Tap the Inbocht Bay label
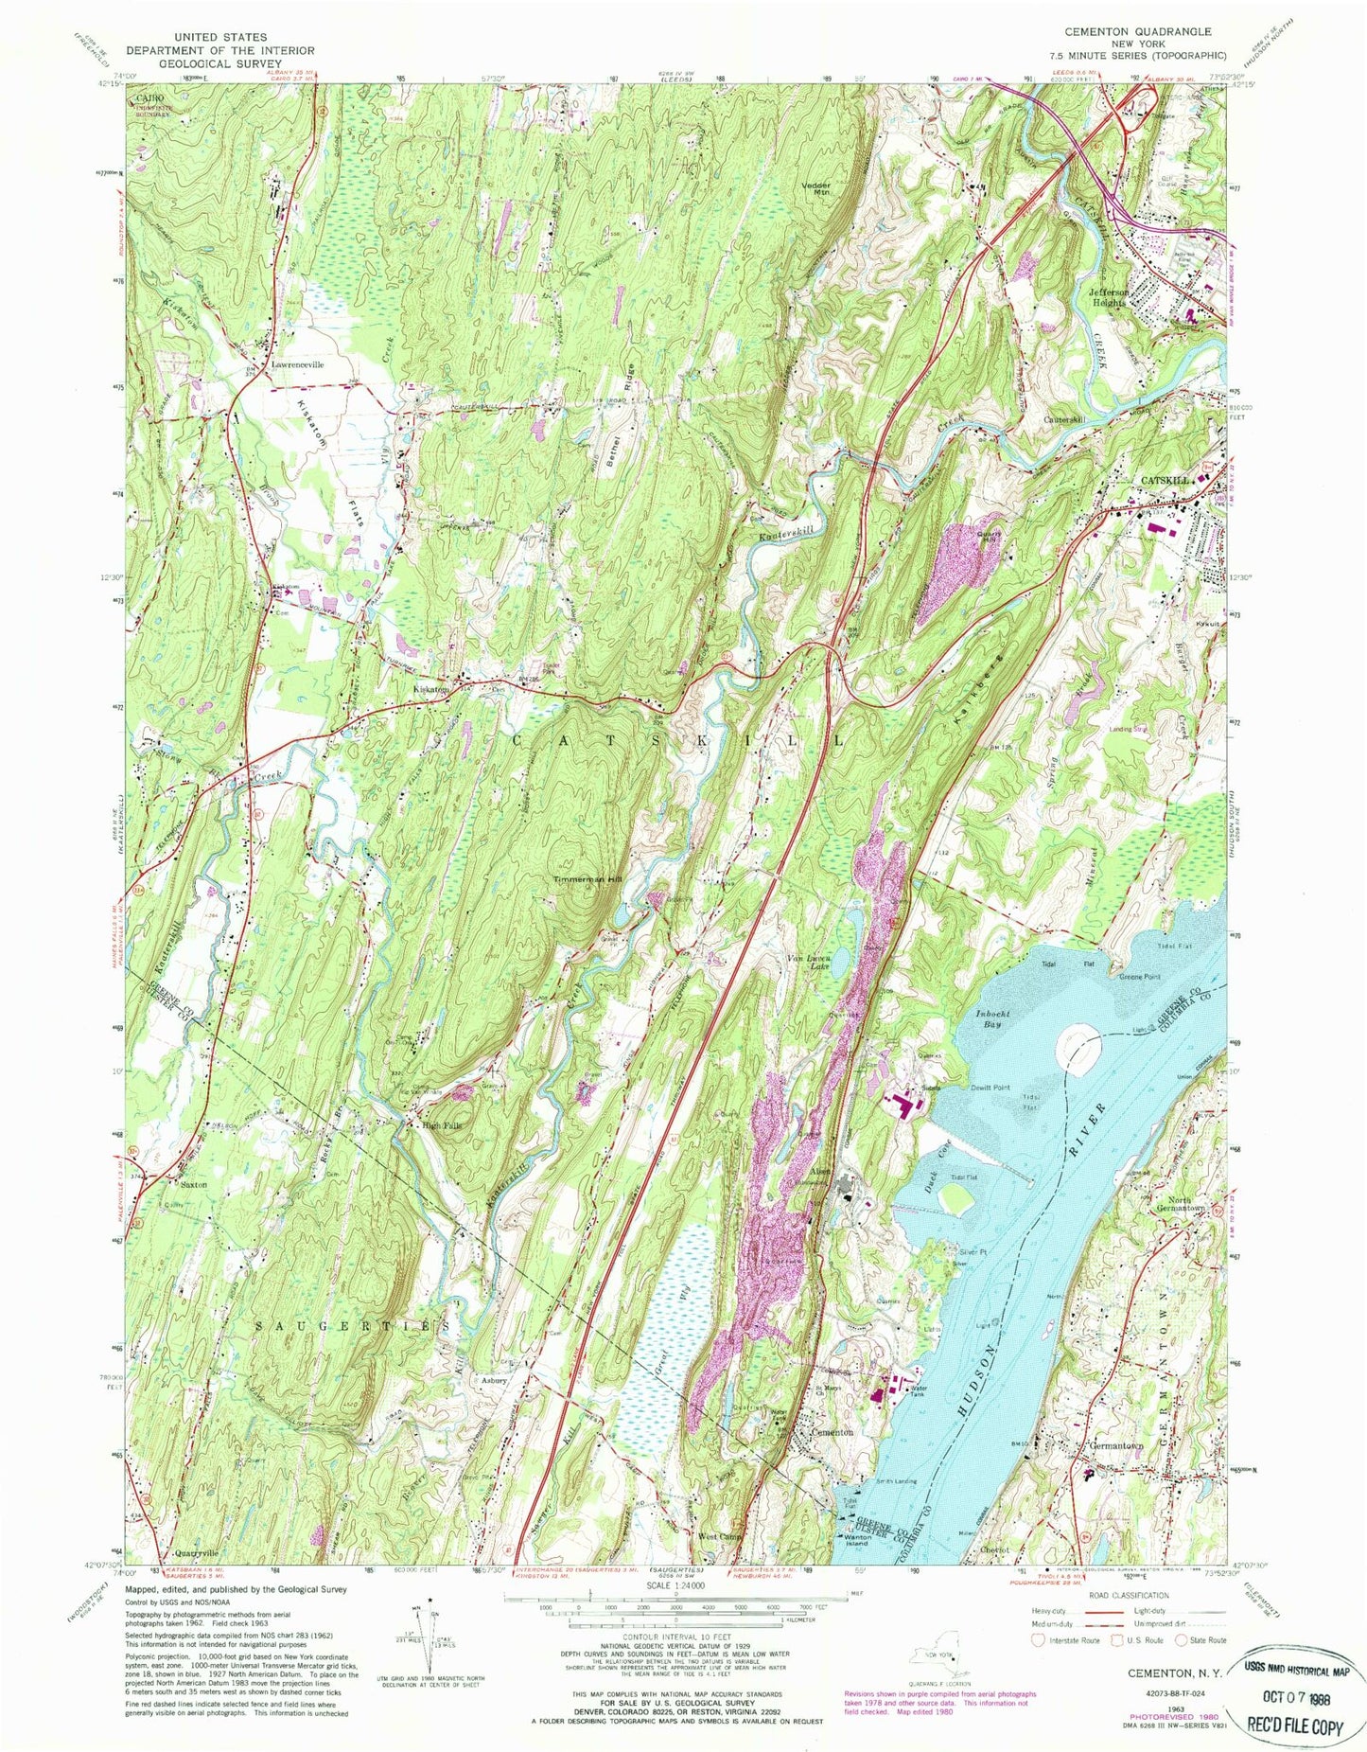click(993, 1018)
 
